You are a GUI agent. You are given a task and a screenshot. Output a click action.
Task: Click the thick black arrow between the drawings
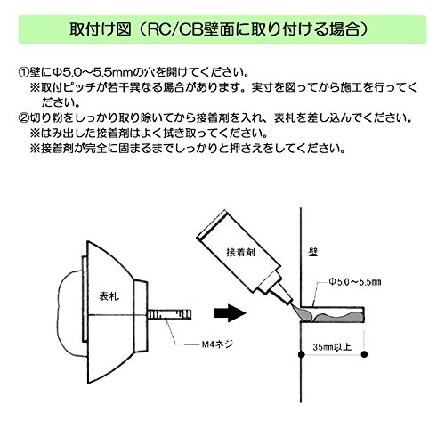point(230,313)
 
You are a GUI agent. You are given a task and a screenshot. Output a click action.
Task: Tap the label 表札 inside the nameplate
point(109,296)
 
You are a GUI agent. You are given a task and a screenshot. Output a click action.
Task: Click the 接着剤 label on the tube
point(240,253)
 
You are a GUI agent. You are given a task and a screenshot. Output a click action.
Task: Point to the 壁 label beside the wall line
point(313,252)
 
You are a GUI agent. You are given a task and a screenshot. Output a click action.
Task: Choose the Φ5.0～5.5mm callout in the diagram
point(354,282)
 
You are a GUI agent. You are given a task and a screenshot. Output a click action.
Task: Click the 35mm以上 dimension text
point(332,347)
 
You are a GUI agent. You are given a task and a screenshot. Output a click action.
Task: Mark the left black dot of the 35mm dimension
point(302,354)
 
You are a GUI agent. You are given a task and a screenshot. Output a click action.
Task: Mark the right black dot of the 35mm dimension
point(364,354)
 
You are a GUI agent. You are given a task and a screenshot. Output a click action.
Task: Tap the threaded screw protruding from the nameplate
point(169,315)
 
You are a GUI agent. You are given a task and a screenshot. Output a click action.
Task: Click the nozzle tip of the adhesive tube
point(291,304)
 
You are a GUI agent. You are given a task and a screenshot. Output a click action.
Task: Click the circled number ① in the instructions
point(24,72)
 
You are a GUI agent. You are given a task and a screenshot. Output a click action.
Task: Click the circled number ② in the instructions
point(24,117)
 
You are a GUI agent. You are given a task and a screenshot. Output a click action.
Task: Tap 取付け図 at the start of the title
point(101,29)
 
